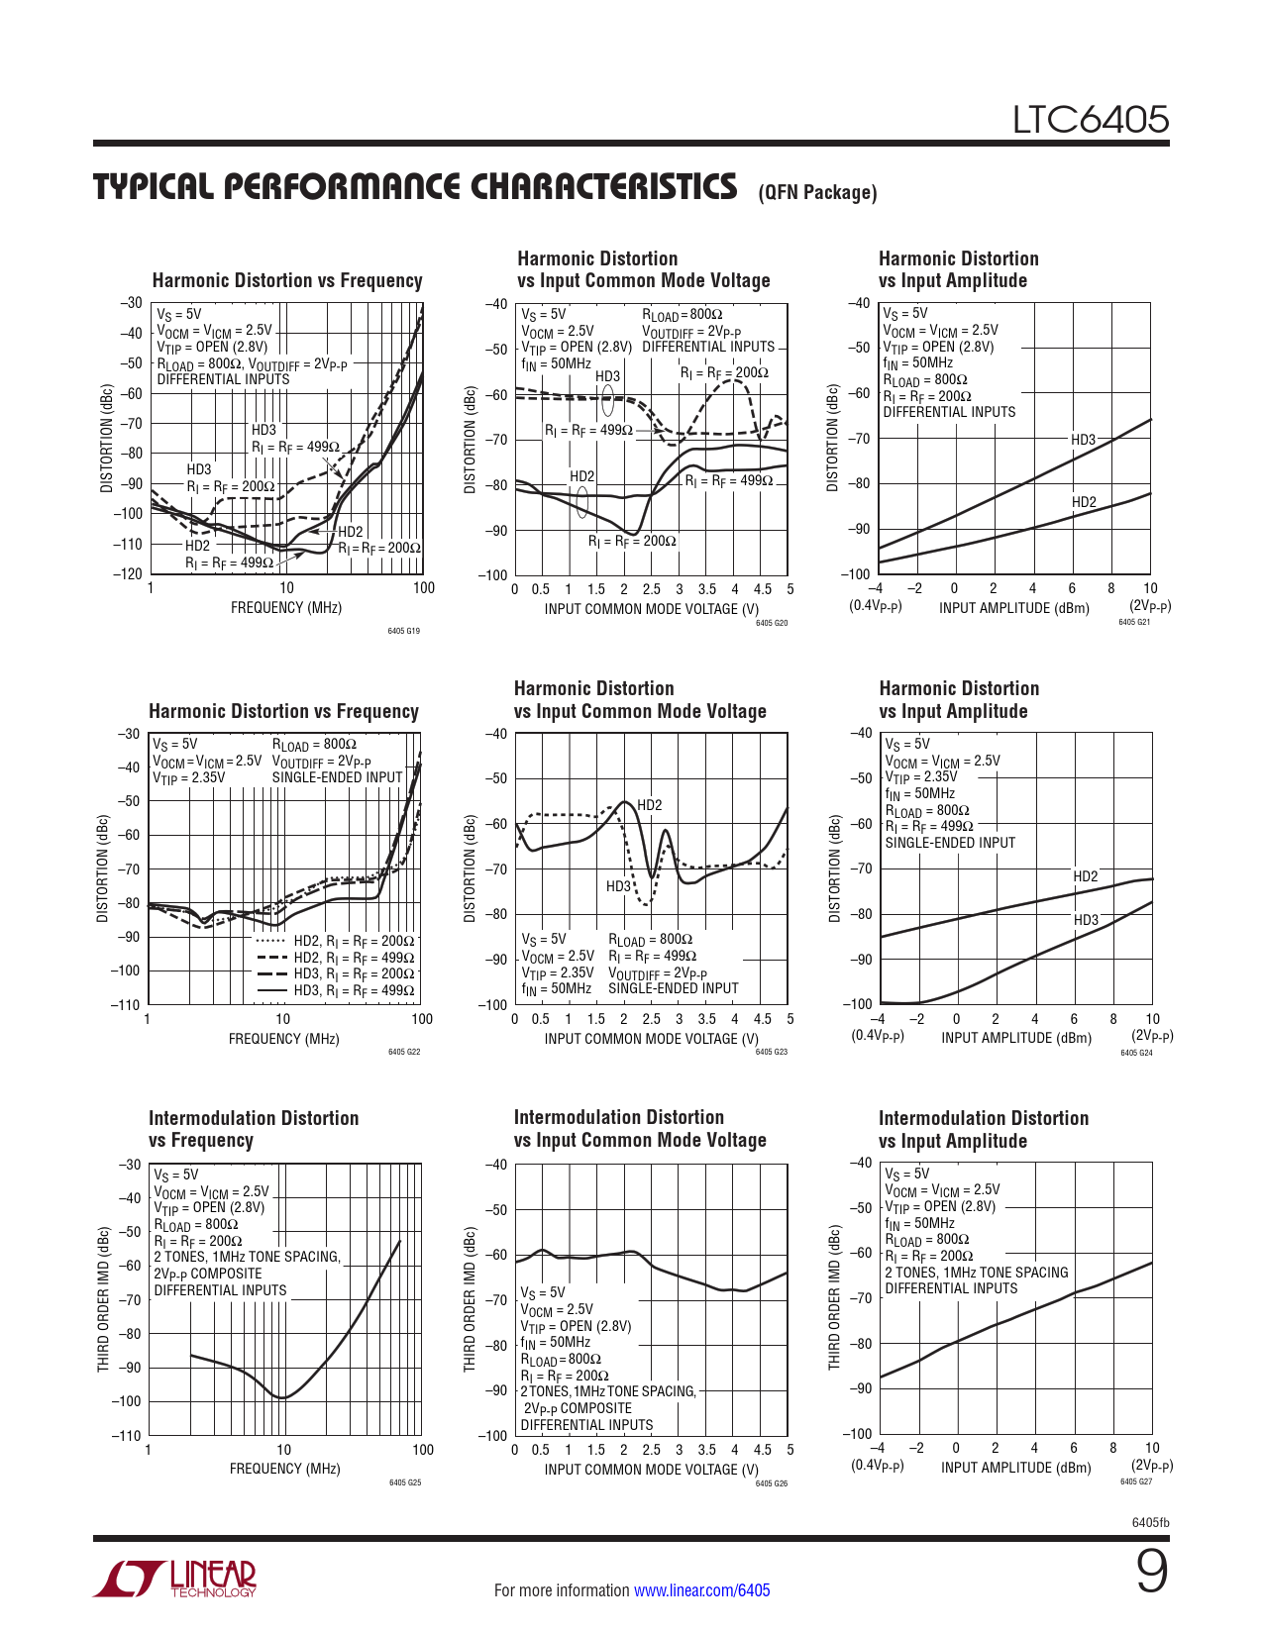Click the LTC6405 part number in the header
click(x=1090, y=120)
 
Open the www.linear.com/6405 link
click(x=701, y=1590)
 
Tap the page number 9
click(x=1151, y=1572)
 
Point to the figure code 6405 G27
click(x=1135, y=1481)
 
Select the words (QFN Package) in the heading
click(x=817, y=193)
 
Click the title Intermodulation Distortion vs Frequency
click(x=254, y=1129)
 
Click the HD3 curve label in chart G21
click(x=1083, y=440)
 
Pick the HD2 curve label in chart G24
click(x=1086, y=876)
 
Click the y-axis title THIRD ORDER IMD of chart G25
click(x=103, y=1299)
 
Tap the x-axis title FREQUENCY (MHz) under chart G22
click(x=283, y=1039)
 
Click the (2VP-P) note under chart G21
click(x=1150, y=606)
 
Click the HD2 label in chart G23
click(x=650, y=805)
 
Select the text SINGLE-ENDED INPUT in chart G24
click(x=950, y=843)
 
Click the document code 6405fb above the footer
click(x=1150, y=1522)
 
